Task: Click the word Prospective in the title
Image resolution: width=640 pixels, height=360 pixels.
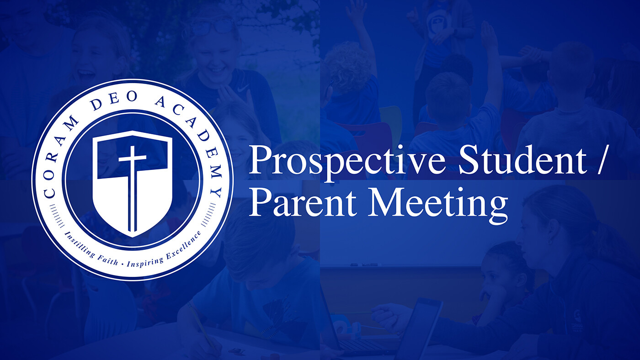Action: tap(347, 161)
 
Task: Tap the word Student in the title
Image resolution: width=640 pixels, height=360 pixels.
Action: tap(523, 160)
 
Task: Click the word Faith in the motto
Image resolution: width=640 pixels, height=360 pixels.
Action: tap(107, 260)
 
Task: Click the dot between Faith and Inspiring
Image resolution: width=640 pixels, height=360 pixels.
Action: tap(123, 265)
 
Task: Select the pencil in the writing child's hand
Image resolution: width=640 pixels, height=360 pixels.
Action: tap(202, 325)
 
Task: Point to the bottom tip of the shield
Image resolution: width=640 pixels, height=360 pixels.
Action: tap(132, 237)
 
